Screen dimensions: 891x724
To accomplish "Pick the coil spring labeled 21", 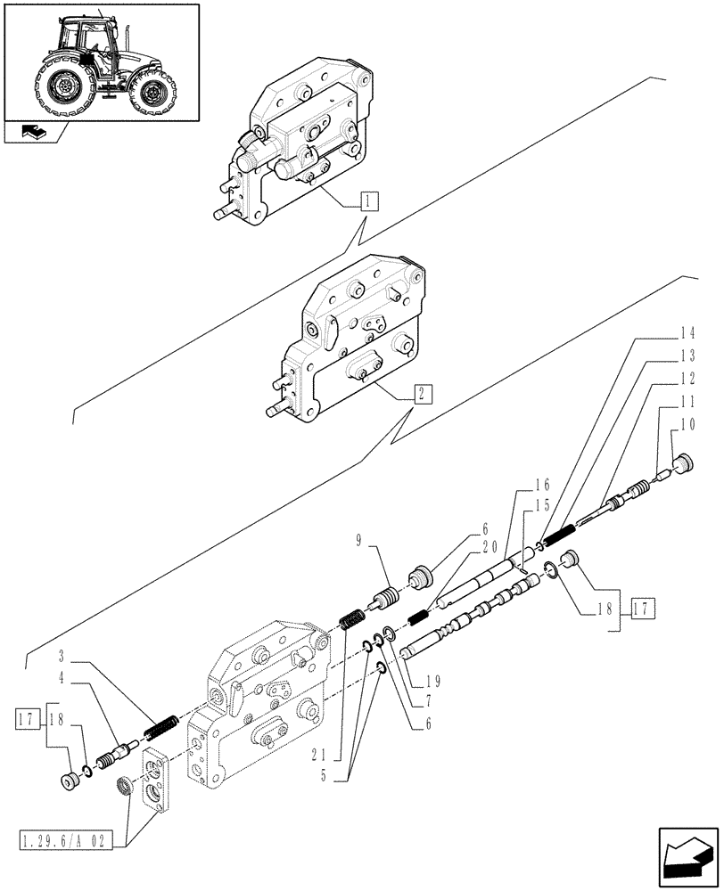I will tap(352, 617).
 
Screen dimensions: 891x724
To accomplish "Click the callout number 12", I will tap(685, 379).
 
